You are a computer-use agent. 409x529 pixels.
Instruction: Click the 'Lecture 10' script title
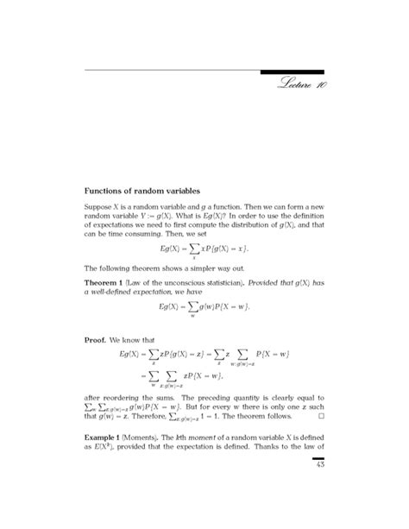(302, 85)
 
